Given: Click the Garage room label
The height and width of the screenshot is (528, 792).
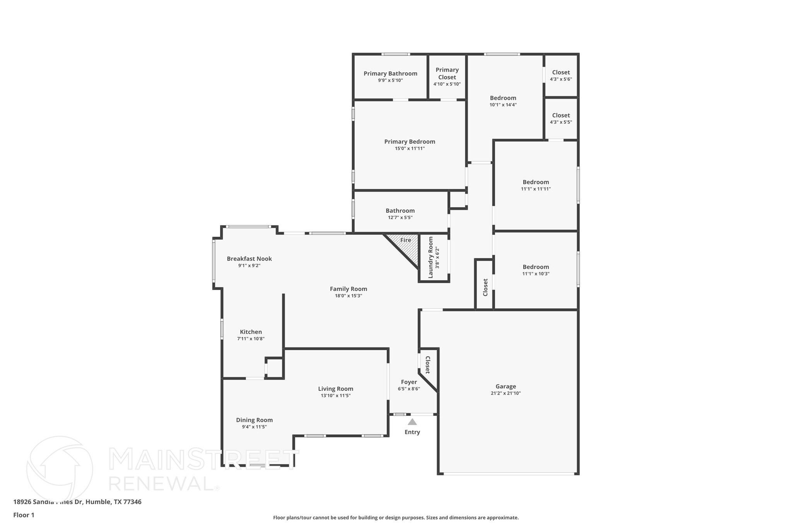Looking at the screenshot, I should [x=505, y=386].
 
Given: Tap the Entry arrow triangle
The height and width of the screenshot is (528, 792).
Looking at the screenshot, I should [x=412, y=422].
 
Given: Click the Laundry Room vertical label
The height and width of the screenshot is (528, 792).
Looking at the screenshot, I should [x=430, y=258].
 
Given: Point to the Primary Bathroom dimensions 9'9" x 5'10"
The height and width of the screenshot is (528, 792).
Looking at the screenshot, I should [x=390, y=80].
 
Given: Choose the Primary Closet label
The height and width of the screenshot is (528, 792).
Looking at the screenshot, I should [x=447, y=73].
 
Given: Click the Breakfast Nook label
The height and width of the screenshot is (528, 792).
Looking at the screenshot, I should [x=249, y=259].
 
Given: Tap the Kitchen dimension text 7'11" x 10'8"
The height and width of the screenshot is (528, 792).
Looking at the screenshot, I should [x=251, y=339].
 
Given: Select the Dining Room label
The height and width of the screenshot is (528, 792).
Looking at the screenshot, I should [x=254, y=420].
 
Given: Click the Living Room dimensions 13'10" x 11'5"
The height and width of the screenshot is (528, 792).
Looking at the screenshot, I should [x=335, y=396].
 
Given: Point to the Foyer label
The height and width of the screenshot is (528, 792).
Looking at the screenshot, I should [x=409, y=382].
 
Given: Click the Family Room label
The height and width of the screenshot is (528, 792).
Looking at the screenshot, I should [x=348, y=289].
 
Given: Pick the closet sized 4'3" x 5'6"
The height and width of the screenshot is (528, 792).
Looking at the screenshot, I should [x=561, y=75].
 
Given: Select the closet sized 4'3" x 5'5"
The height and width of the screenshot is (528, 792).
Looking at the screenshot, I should [x=561, y=118].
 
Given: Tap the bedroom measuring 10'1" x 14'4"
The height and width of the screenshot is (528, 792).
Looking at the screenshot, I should [x=503, y=101].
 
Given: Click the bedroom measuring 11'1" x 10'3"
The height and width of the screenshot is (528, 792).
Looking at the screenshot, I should [x=536, y=270].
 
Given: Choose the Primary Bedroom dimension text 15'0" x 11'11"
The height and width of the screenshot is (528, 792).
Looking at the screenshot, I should [x=410, y=149].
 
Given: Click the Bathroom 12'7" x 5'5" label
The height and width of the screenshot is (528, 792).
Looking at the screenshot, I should [x=400, y=211].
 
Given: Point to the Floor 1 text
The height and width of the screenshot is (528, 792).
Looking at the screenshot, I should [x=24, y=515].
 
